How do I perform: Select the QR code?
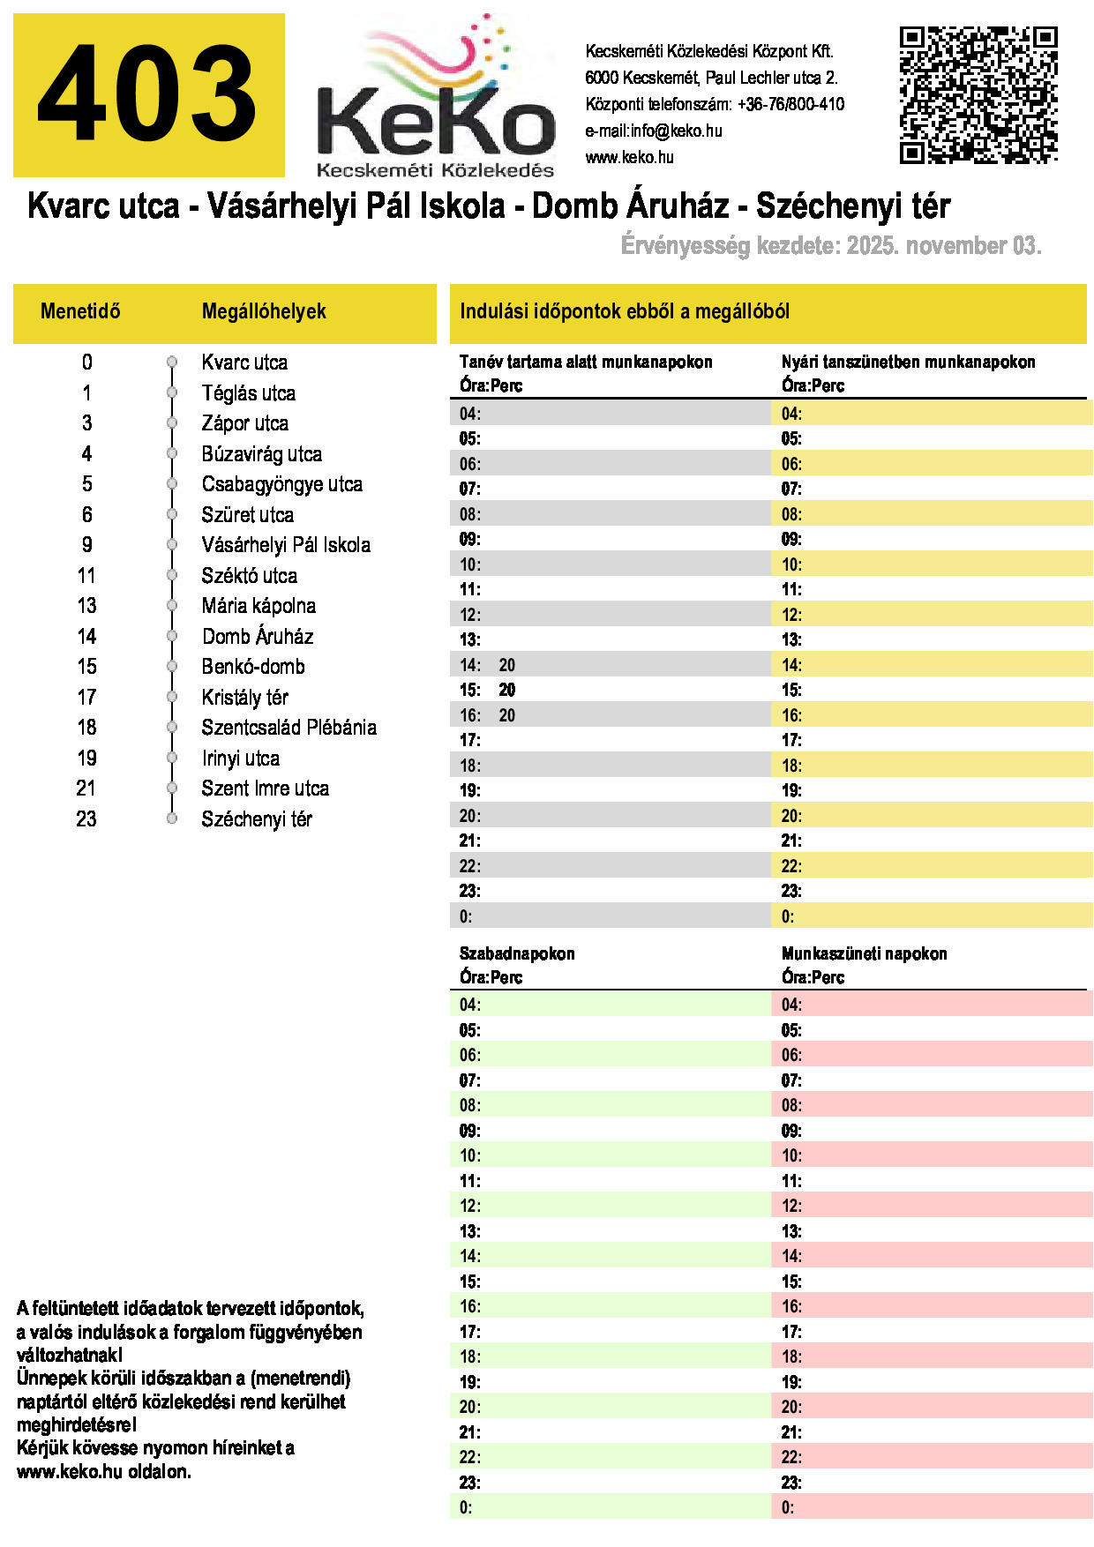(x=978, y=94)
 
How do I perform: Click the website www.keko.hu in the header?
(x=629, y=158)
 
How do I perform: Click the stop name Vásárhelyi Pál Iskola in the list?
(x=286, y=545)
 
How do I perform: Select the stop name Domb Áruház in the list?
(x=258, y=637)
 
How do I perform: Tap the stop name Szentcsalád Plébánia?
(x=288, y=728)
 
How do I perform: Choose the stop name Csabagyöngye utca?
(x=281, y=484)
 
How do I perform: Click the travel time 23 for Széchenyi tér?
(x=86, y=819)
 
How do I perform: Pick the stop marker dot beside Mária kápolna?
(x=172, y=606)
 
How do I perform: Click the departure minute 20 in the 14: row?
(x=506, y=666)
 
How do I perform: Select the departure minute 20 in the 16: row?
(x=506, y=716)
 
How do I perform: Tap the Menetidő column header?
(x=80, y=311)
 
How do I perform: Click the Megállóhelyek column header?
(x=264, y=311)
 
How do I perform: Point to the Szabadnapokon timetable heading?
(x=517, y=953)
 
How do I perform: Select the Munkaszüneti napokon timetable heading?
(x=864, y=953)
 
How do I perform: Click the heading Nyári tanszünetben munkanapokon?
(x=908, y=362)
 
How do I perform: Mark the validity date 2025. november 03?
(x=944, y=246)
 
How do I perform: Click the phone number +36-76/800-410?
(x=791, y=105)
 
